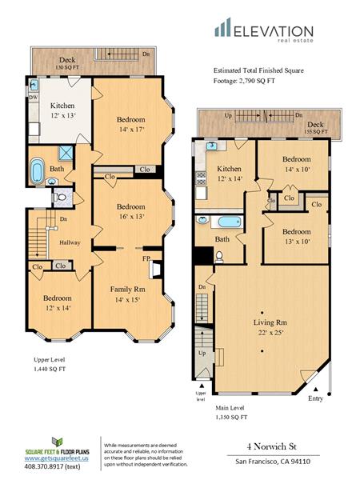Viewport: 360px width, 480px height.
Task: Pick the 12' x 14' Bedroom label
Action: pos(57,302)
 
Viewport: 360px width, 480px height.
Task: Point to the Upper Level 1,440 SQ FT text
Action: pos(51,365)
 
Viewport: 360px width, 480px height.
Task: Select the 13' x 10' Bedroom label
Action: pos(297,235)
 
